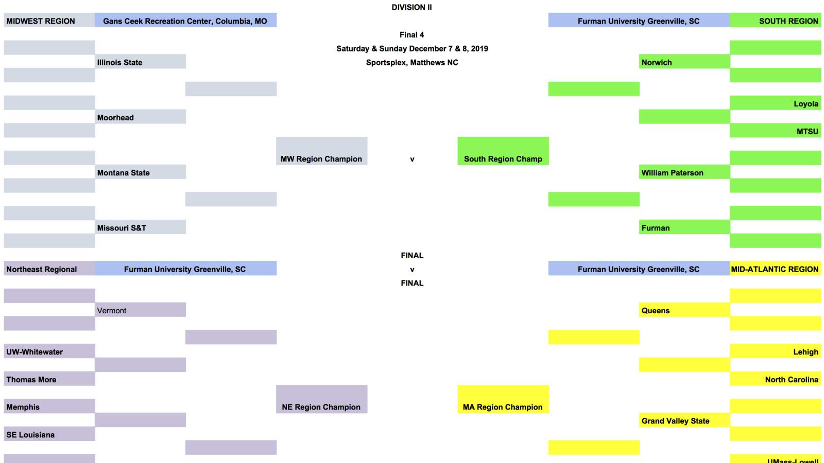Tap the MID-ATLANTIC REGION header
pos(775,269)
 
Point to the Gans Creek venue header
pos(185,21)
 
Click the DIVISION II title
pos(411,7)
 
